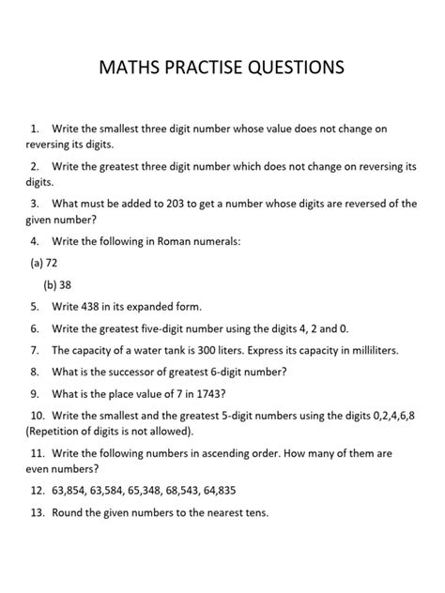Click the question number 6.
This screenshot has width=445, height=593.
pyautogui.click(x=34, y=327)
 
